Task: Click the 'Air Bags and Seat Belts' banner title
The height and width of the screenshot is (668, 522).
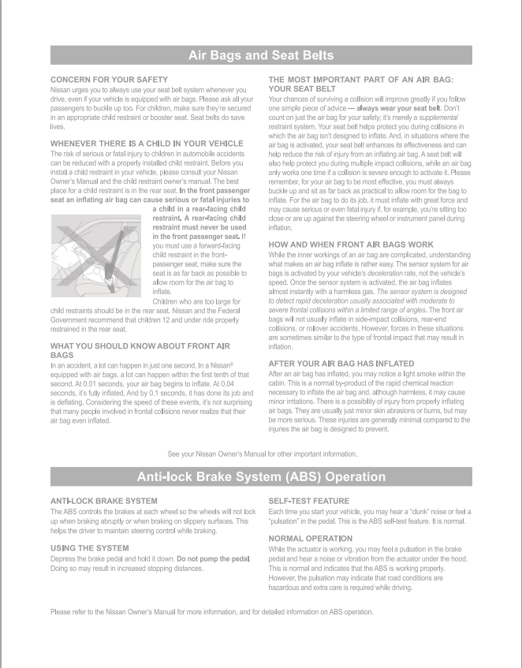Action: point(261,55)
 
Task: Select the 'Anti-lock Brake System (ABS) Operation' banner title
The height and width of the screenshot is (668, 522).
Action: point(261,476)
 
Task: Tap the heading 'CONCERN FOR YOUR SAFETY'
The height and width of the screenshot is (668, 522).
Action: point(109,80)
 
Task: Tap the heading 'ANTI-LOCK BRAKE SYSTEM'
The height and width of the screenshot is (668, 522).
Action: point(103,501)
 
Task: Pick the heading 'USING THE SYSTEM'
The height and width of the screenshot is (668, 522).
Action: point(89,547)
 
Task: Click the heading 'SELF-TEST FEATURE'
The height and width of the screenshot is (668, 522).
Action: point(308,501)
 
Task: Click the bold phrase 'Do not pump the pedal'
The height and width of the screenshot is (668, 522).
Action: point(214,558)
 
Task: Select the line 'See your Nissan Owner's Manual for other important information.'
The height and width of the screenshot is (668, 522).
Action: point(263,454)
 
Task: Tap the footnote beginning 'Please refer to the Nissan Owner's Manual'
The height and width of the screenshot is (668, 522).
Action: point(211,612)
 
